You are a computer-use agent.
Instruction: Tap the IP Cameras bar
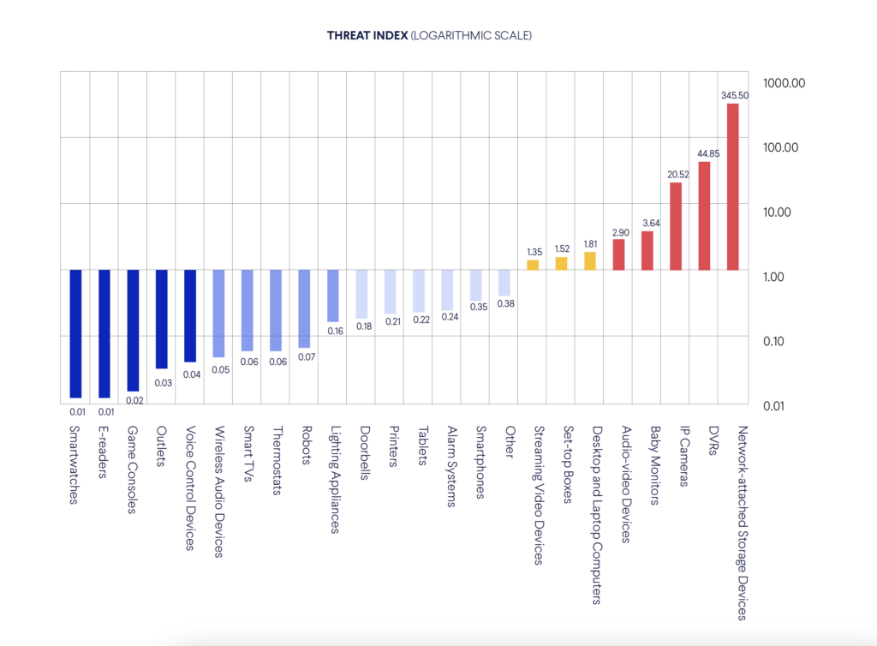click(x=676, y=226)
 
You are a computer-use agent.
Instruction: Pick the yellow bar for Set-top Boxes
click(x=562, y=264)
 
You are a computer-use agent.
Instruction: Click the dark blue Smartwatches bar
click(x=75, y=334)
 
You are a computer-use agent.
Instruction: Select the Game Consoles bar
click(x=133, y=331)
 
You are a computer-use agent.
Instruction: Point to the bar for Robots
click(x=304, y=308)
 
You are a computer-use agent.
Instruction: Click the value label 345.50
click(x=735, y=95)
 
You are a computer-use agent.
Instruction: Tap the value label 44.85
click(x=706, y=153)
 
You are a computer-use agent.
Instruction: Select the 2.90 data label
click(x=619, y=232)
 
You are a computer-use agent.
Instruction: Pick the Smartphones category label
click(x=480, y=462)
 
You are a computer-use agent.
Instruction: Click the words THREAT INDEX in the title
click(x=367, y=36)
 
